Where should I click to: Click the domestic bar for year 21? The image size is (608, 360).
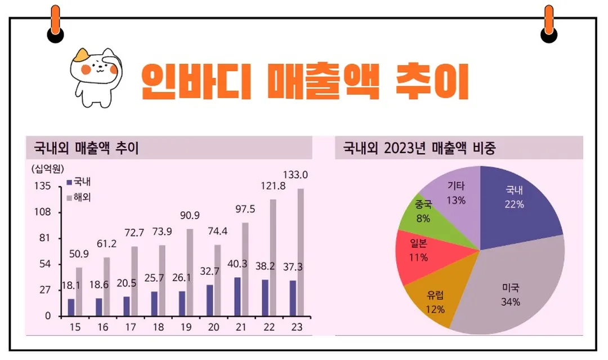tap(237, 296)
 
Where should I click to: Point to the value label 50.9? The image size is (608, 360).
tap(79, 254)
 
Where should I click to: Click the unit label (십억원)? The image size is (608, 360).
tap(47, 167)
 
